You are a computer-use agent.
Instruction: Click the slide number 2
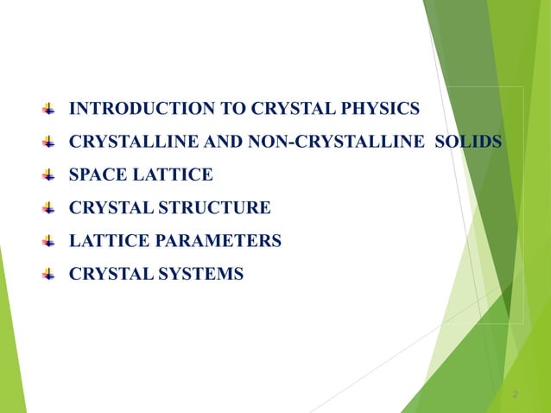tap(515, 395)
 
